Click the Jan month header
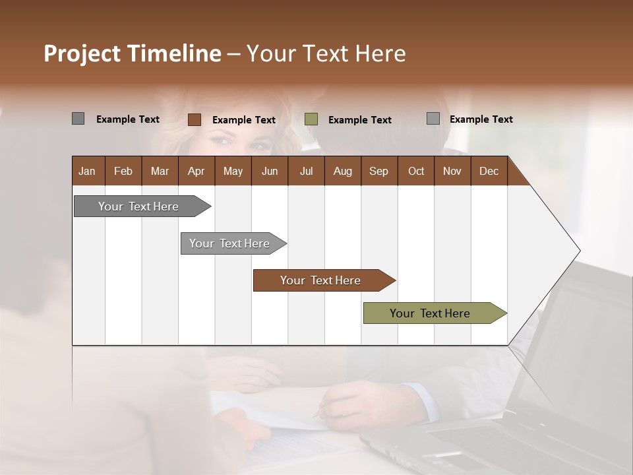click(88, 172)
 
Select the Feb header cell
click(123, 172)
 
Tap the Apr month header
click(196, 172)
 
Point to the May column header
click(233, 172)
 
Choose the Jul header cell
click(306, 172)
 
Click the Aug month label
click(343, 172)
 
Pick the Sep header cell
click(379, 172)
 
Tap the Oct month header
click(416, 172)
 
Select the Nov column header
click(452, 172)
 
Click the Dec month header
click(489, 172)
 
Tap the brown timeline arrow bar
click(321, 280)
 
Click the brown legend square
click(194, 119)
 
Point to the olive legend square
click(311, 119)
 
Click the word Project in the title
click(82, 53)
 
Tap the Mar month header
click(160, 172)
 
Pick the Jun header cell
click(270, 172)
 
